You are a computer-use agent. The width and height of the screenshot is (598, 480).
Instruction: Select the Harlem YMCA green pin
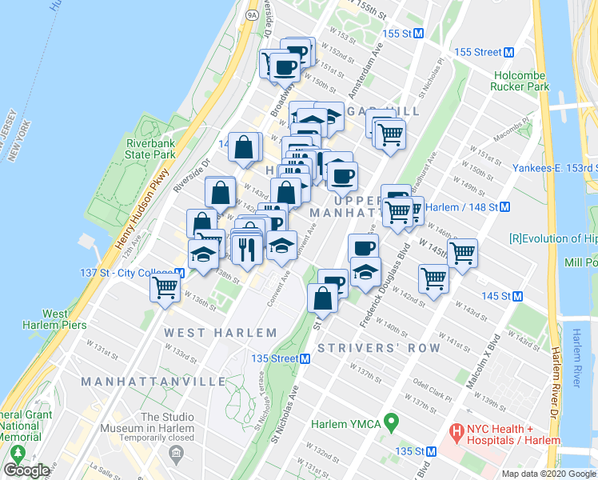point(391,421)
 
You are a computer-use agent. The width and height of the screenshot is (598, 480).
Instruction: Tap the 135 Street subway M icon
point(305,358)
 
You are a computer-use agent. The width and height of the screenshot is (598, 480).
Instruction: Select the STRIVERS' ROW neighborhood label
point(379,348)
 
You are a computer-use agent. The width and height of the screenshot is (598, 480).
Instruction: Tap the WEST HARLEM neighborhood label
point(221,332)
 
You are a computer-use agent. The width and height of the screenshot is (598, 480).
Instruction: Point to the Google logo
point(26,470)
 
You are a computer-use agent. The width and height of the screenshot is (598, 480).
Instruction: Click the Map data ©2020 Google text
point(548,474)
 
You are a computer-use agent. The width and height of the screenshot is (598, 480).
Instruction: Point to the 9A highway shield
point(253,14)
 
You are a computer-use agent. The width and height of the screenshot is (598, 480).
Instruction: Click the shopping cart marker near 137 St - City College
point(165,287)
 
